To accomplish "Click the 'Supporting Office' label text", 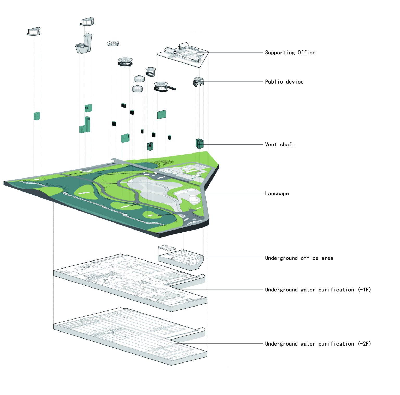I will click(290, 53).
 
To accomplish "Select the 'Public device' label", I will click(284, 82).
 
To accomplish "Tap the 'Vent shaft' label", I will click(280, 145).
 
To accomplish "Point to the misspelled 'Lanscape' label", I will click(277, 193).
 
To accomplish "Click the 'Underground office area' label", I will click(299, 258).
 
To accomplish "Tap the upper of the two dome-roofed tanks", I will click(139, 79).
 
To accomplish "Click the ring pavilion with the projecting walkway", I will click(163, 87).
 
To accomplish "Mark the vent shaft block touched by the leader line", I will click(199, 143).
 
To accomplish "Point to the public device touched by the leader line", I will click(198, 81).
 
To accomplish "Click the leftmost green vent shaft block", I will click(37, 116).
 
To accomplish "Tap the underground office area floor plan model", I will click(181, 259).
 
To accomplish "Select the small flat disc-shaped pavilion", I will click(113, 43).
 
